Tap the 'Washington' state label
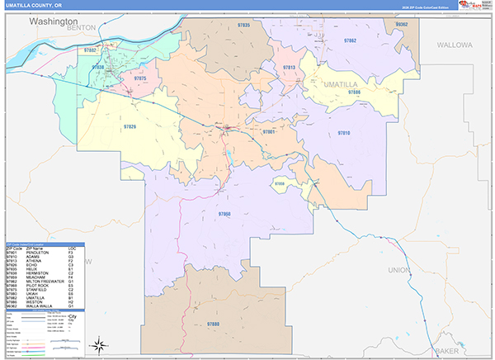coord(54,21)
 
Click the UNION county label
coord(398,269)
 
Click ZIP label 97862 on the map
coord(350,40)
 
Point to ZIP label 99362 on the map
coord(402,26)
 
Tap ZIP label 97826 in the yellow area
coord(130,126)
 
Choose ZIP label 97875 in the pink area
coord(139,78)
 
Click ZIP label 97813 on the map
coord(289,68)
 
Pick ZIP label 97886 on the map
coord(354,92)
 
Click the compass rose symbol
coord(97,344)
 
